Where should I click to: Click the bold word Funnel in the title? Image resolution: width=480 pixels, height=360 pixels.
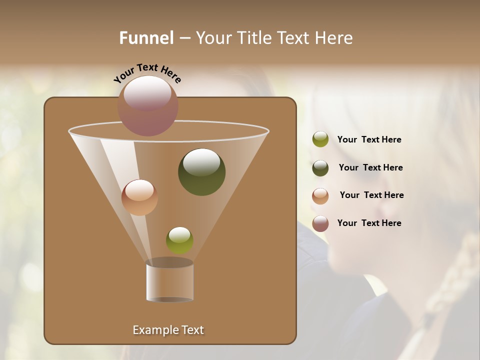pyautogui.click(x=146, y=38)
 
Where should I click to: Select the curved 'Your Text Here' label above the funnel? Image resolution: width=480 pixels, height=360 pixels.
pyautogui.click(x=147, y=73)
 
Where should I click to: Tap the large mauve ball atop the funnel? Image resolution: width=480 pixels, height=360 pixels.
pyautogui.click(x=147, y=105)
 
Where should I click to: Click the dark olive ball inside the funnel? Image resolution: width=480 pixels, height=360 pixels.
pyautogui.click(x=201, y=172)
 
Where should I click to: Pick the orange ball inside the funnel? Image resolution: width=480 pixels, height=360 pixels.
pyautogui.click(x=139, y=197)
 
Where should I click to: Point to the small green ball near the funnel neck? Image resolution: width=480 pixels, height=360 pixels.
pyautogui.click(x=179, y=240)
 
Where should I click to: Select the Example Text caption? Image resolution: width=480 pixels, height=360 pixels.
pyautogui.click(x=168, y=330)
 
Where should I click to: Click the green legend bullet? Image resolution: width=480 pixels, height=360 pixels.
pyautogui.click(x=320, y=139)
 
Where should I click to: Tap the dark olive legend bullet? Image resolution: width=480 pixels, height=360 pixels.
pyautogui.click(x=320, y=168)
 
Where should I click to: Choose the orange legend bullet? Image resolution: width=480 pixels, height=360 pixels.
pyautogui.click(x=320, y=196)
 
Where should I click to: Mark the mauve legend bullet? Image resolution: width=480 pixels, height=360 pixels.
pyautogui.click(x=320, y=223)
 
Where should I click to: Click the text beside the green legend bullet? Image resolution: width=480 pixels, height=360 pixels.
pyautogui.click(x=369, y=140)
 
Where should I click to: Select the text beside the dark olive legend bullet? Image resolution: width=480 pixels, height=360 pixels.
pyautogui.click(x=370, y=168)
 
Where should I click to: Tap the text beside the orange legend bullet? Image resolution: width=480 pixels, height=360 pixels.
pyautogui.click(x=371, y=195)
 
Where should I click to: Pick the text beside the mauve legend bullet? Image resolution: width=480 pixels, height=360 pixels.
pyautogui.click(x=369, y=223)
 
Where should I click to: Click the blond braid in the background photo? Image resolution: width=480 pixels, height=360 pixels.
pyautogui.click(x=450, y=285)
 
